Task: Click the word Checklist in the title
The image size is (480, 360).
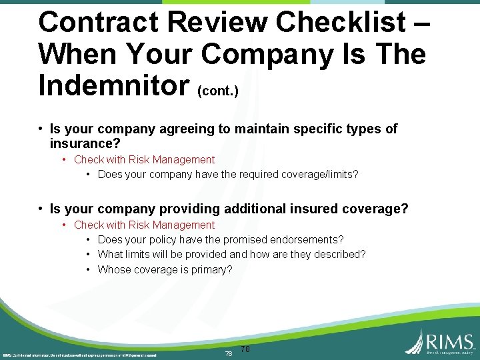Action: [x=339, y=22]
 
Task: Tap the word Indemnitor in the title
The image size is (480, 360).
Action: [x=113, y=84]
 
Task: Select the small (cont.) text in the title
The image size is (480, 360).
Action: [x=218, y=90]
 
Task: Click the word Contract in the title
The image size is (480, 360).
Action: [x=99, y=22]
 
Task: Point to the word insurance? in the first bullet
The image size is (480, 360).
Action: [x=85, y=143]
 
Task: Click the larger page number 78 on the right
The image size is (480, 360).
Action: [x=245, y=349]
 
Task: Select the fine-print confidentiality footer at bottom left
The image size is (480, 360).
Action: [x=79, y=355]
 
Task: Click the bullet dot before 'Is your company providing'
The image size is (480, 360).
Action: [x=41, y=209]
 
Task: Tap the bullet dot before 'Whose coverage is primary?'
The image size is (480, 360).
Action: [x=89, y=269]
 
